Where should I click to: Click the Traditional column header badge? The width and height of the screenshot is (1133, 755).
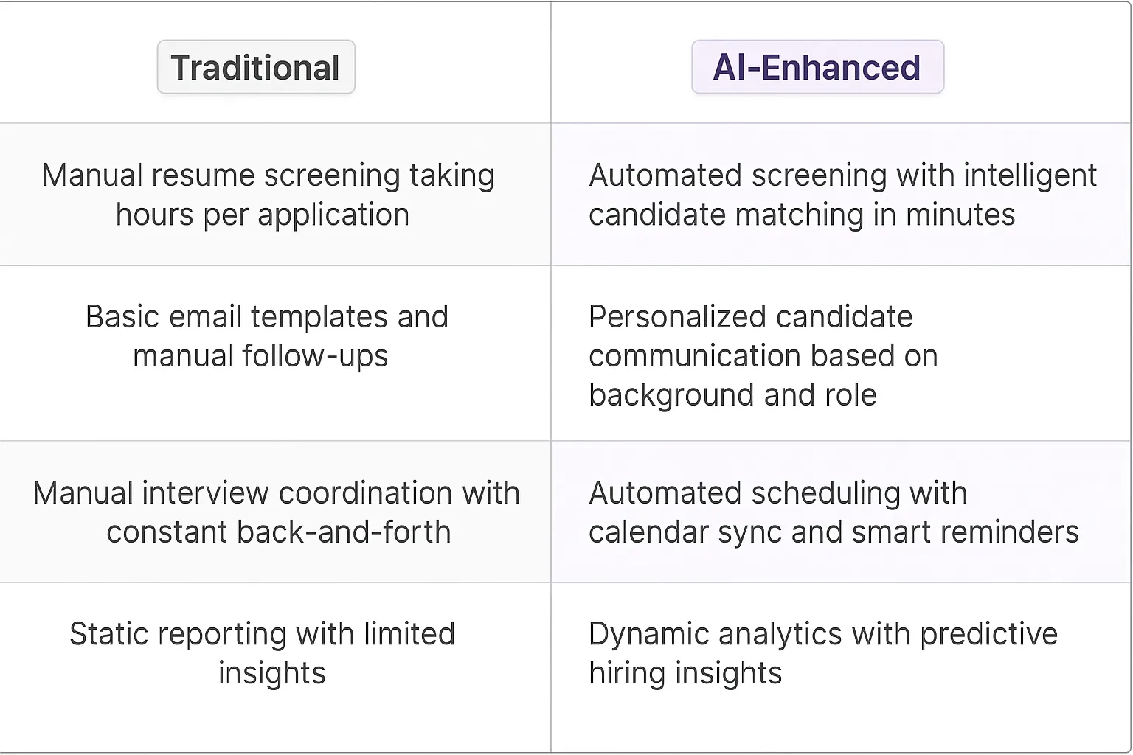click(x=256, y=67)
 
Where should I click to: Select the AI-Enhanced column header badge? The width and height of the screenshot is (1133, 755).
click(x=817, y=67)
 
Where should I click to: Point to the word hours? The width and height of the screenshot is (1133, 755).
click(x=154, y=215)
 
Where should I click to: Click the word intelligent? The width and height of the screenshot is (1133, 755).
click(x=1030, y=176)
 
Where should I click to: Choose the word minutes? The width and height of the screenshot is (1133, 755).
click(x=960, y=215)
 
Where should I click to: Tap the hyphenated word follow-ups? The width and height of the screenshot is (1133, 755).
click(x=315, y=357)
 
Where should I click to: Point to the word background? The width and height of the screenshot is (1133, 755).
click(x=672, y=395)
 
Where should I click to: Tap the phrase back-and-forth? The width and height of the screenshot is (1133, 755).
click(x=344, y=532)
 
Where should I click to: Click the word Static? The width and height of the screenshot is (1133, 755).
click(x=109, y=634)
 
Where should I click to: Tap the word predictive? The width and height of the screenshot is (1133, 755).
click(x=989, y=635)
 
